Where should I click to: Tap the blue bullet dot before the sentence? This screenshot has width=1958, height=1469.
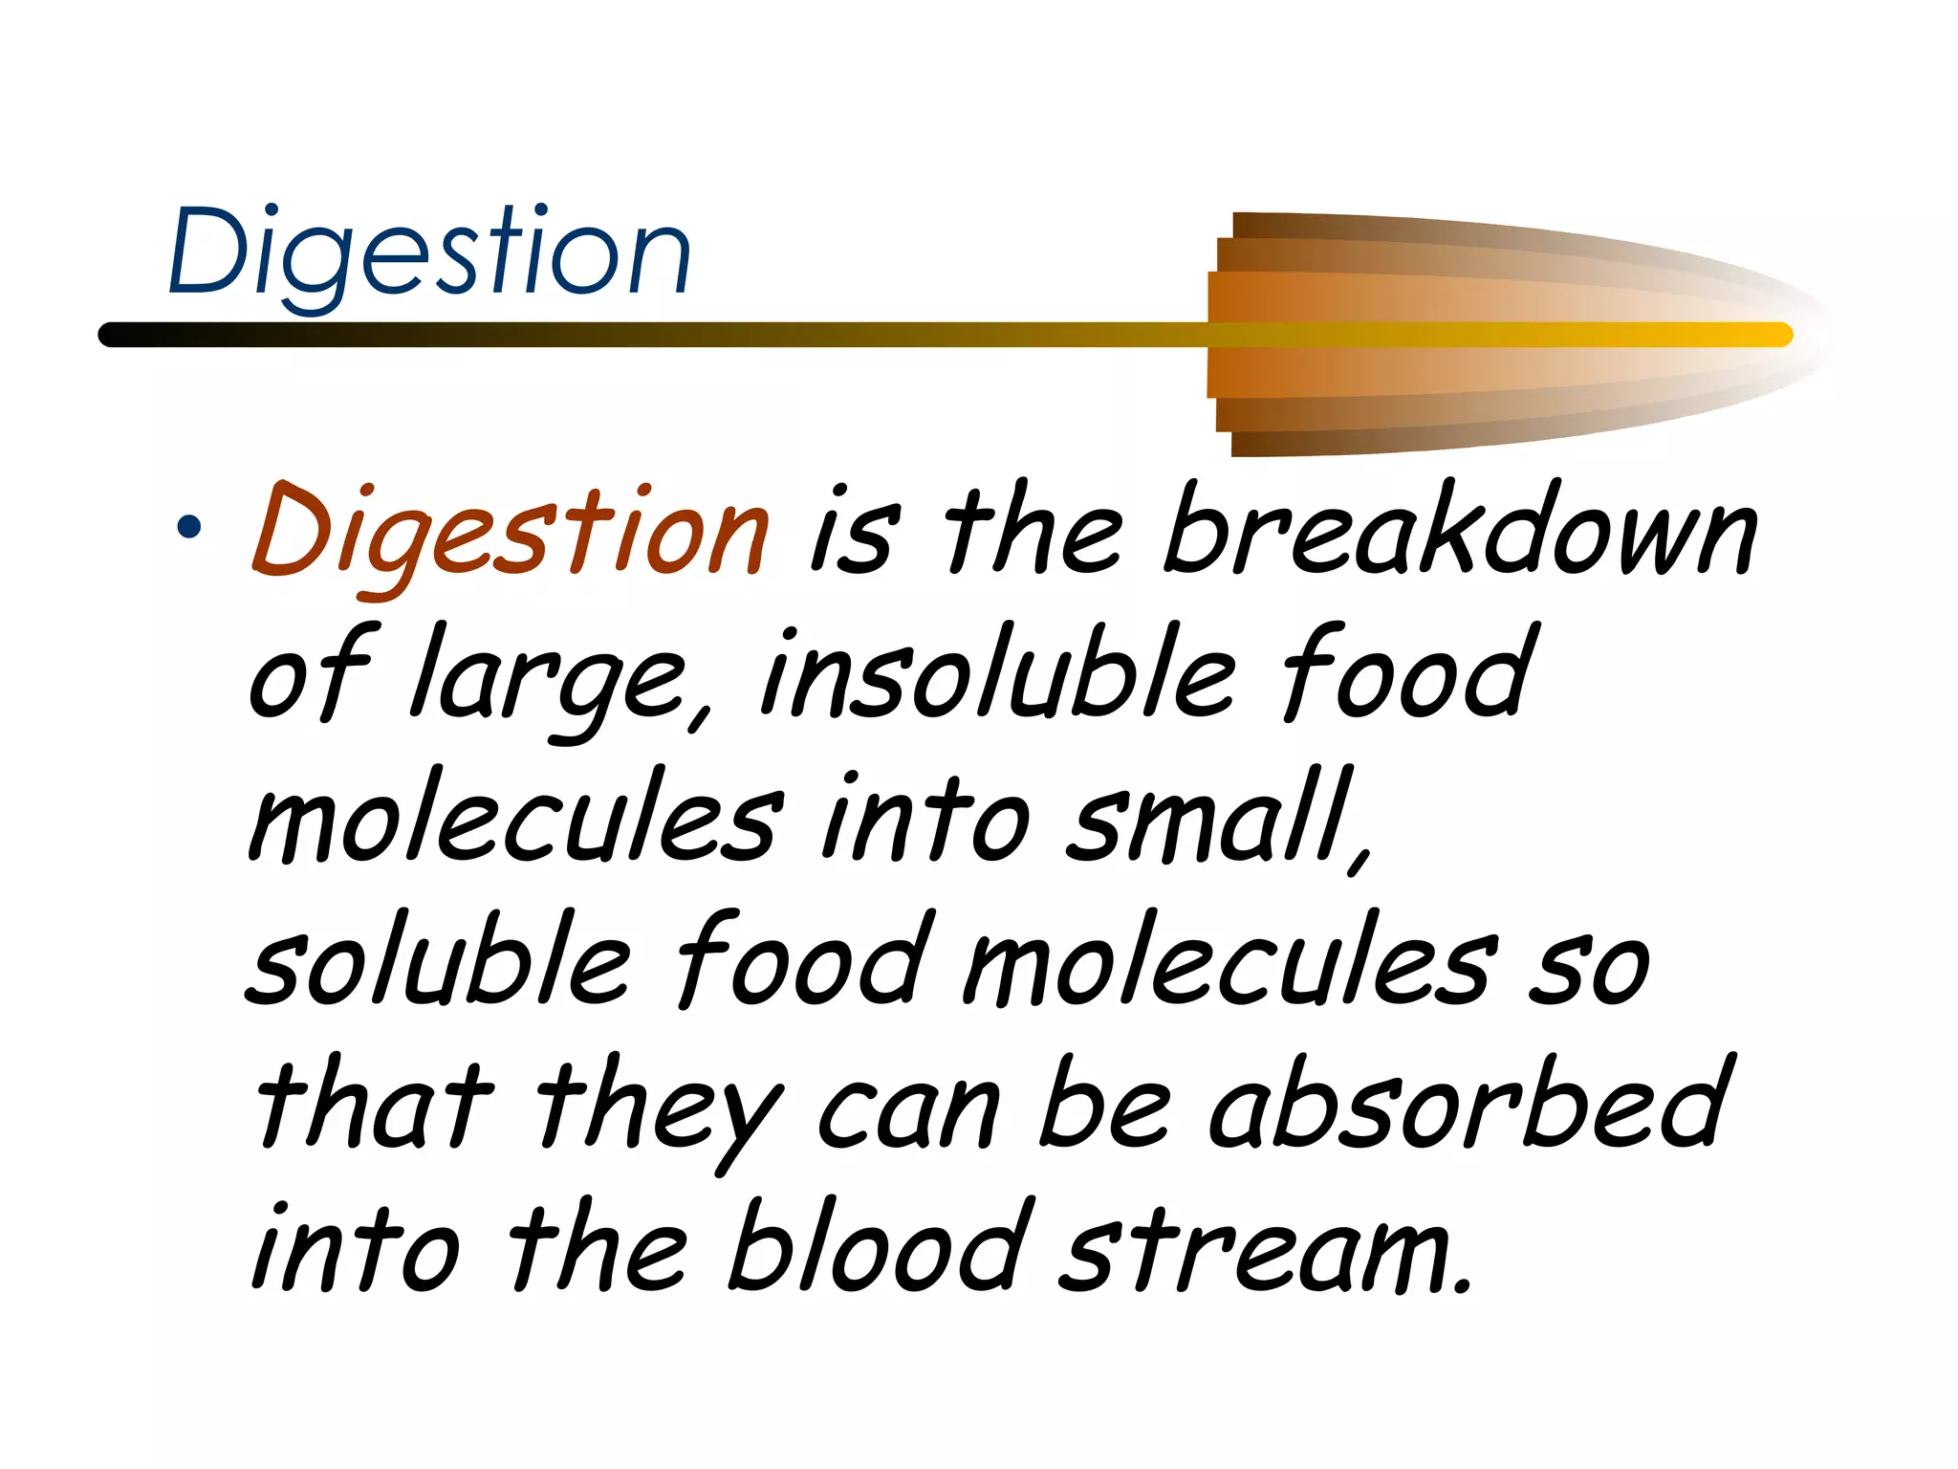pos(188,527)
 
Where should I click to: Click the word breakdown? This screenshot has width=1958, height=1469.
pos(1460,529)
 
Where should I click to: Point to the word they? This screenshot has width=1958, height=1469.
pos(660,1109)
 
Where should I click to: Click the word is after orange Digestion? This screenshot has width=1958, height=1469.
pos(854,534)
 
